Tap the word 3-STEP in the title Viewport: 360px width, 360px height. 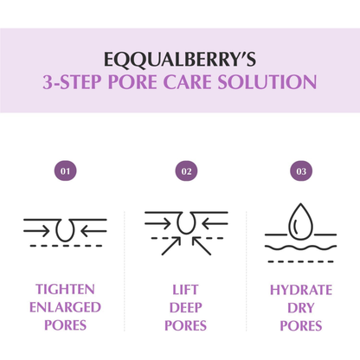[74, 83]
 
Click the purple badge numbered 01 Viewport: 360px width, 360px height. [64, 171]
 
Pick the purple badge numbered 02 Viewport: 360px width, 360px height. [186, 171]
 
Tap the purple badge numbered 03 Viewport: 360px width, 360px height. [300, 171]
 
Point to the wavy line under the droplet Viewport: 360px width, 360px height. [300, 246]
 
